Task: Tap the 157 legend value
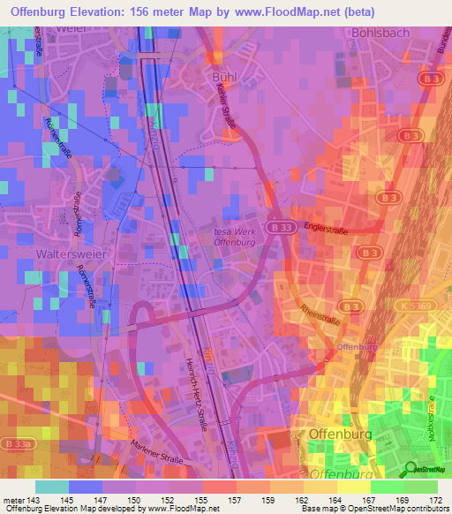pyautogui.click(x=234, y=500)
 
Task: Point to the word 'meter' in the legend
pyautogui.click(x=13, y=500)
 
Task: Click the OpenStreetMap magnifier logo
pyautogui.click(x=408, y=468)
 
